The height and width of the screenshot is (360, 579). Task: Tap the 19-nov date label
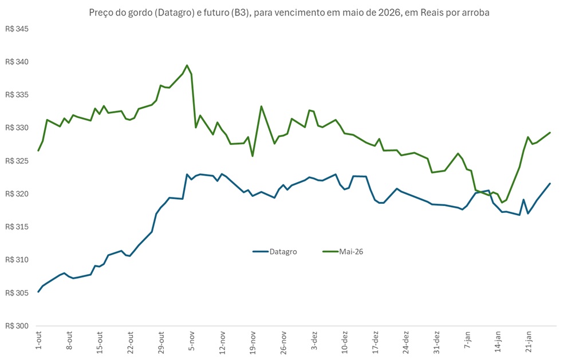(x=253, y=341)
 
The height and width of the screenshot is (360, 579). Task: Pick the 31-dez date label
(x=436, y=341)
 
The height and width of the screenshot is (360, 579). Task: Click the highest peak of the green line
(x=187, y=65)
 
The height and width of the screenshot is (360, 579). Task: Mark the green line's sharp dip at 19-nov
(x=253, y=156)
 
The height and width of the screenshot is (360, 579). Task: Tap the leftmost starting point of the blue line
(x=38, y=291)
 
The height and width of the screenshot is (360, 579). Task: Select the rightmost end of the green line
(x=550, y=133)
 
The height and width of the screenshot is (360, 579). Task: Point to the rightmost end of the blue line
(x=550, y=184)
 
